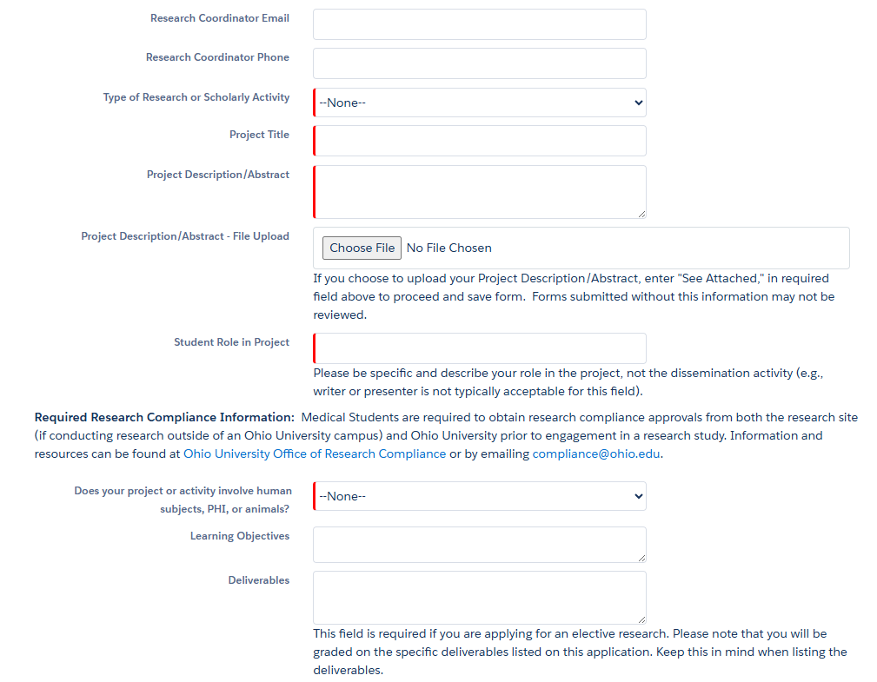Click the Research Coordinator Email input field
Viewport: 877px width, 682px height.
[479, 24]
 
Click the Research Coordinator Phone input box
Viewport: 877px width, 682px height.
[479, 63]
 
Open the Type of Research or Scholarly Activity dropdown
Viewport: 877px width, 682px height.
[479, 103]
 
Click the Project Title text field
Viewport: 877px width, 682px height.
[479, 141]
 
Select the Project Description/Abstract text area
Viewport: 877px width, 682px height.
[479, 192]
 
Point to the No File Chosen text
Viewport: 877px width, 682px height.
[448, 248]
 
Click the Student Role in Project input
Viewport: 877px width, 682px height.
[479, 348]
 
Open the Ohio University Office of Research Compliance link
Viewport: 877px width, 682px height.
[315, 454]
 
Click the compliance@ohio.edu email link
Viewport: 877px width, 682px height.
[596, 454]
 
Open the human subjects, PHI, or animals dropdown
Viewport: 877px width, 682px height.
[479, 496]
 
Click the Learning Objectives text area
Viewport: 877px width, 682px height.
[479, 545]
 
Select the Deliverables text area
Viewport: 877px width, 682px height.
[479, 597]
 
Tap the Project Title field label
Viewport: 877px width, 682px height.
[259, 135]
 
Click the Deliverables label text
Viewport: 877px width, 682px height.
[258, 580]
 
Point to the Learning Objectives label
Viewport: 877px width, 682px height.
[239, 536]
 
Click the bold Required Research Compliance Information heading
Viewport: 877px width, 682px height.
[164, 418]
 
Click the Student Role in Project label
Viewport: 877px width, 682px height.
[231, 342]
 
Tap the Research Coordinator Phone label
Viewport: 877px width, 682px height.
[217, 57]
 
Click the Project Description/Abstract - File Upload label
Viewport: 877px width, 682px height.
[185, 236]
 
